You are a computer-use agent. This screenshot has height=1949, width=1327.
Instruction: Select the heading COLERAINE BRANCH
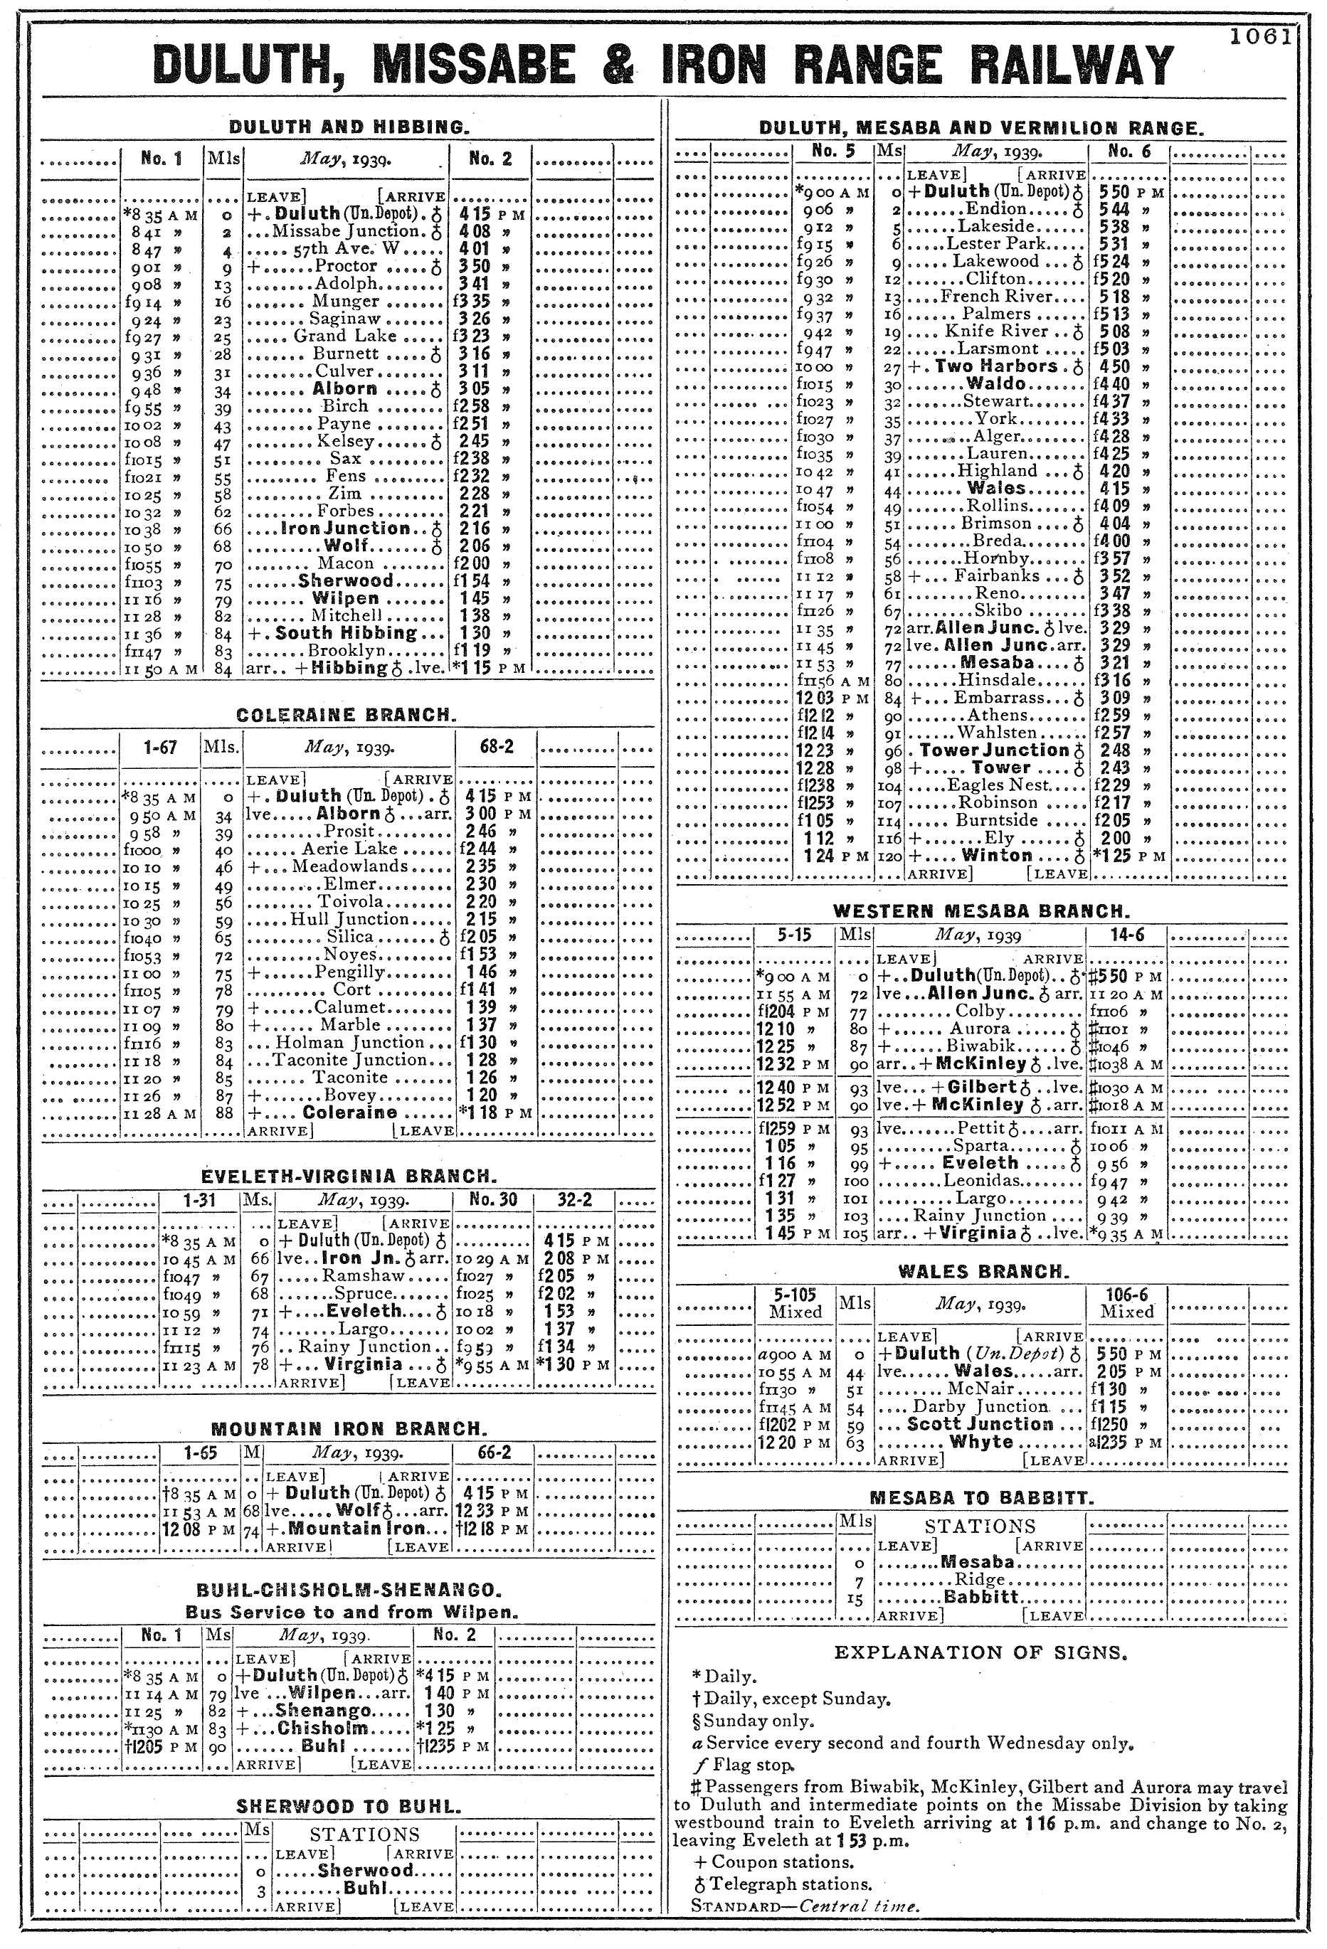tap(347, 716)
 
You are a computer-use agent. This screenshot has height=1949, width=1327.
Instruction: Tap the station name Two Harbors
tap(995, 366)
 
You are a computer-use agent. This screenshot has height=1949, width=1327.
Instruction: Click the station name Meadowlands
tap(350, 866)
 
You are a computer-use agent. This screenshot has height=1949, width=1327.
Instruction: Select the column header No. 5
tap(834, 152)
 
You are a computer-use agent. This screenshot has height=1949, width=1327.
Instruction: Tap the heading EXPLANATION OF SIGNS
tap(980, 1653)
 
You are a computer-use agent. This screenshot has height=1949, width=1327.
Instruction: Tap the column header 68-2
tap(497, 746)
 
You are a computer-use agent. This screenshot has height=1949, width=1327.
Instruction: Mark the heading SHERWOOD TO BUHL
tap(348, 1807)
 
